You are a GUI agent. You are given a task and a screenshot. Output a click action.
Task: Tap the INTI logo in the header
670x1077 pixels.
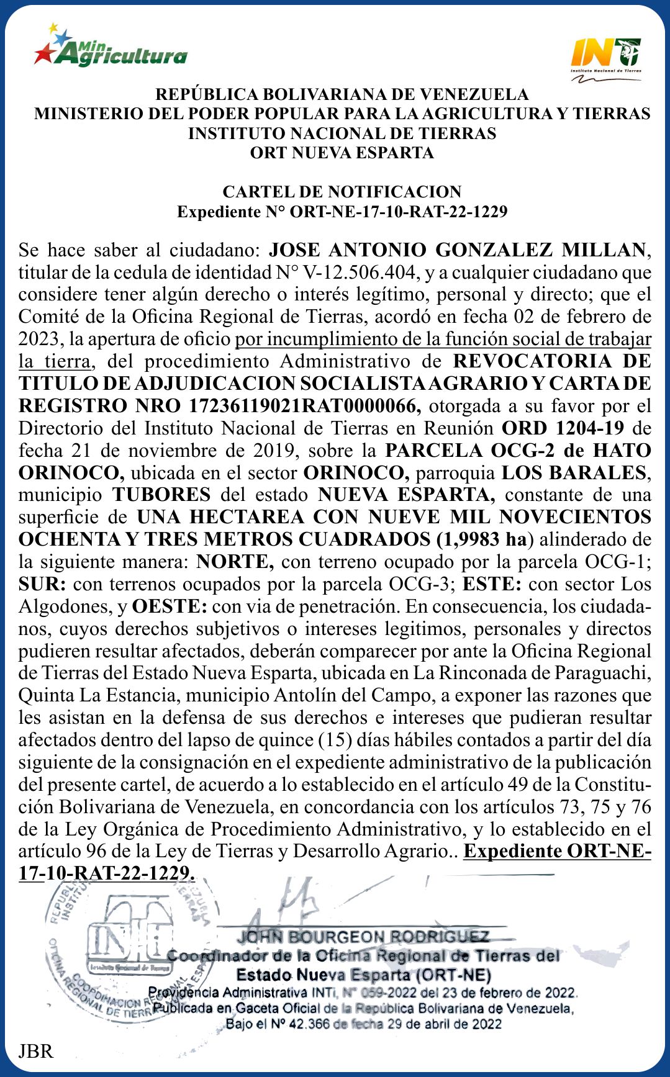click(x=605, y=55)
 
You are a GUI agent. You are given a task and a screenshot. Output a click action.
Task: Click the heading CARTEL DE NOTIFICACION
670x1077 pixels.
click(x=342, y=191)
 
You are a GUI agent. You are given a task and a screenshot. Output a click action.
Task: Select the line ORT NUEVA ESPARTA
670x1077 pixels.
click(x=342, y=153)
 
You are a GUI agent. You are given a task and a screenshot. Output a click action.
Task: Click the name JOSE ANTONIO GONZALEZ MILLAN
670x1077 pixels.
click(x=457, y=250)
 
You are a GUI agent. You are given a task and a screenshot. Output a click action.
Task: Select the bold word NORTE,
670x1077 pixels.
click(x=235, y=562)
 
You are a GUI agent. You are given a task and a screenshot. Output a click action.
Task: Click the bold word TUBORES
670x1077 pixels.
click(x=161, y=495)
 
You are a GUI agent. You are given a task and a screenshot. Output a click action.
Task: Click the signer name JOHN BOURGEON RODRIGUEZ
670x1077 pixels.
click(x=363, y=937)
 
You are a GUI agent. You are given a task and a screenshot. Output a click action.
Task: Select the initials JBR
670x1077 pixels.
click(x=35, y=1052)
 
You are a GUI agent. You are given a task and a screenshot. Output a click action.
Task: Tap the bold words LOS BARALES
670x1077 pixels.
click(x=574, y=473)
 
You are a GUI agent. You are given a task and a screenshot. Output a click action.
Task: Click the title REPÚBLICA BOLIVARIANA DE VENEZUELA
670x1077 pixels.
click(x=342, y=94)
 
